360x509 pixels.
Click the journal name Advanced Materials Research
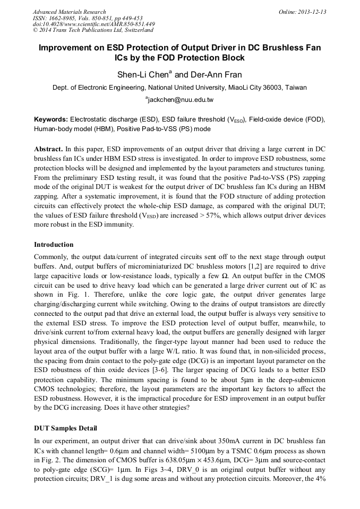69,12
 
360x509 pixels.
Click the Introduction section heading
54,245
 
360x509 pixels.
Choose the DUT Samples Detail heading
65,428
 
